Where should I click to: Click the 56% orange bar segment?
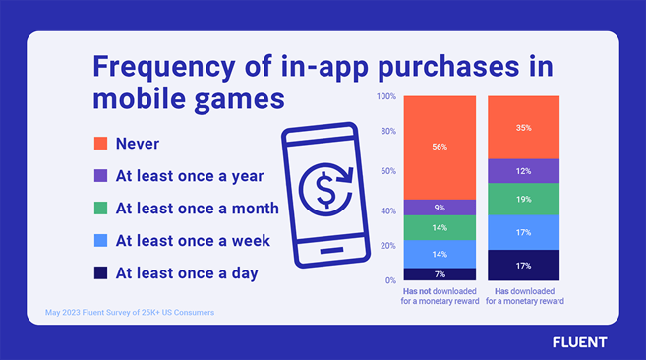pyautogui.click(x=440, y=148)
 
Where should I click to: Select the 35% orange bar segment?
pyautogui.click(x=524, y=128)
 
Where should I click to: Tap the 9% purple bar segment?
pyautogui.click(x=440, y=208)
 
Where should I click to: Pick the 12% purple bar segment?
pyautogui.click(x=524, y=171)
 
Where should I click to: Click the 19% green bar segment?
pyautogui.click(x=524, y=199)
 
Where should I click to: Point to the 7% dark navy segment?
pyautogui.click(x=440, y=274)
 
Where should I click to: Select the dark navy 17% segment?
pyautogui.click(x=524, y=266)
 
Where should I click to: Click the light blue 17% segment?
pyautogui.click(x=524, y=232)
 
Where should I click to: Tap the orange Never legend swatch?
pyautogui.click(x=100, y=143)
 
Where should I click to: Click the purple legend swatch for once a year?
pyautogui.click(x=100, y=176)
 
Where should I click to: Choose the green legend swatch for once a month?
pyautogui.click(x=100, y=208)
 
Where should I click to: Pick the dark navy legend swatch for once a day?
pyautogui.click(x=100, y=273)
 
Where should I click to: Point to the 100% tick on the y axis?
pyautogui.click(x=386, y=96)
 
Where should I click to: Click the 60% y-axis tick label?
pyautogui.click(x=388, y=171)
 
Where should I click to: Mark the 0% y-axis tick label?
pyautogui.click(x=390, y=280)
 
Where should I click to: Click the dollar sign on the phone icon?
pyautogui.click(x=325, y=190)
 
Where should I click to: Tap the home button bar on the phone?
pyautogui.click(x=331, y=250)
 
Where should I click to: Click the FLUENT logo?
pyautogui.click(x=580, y=342)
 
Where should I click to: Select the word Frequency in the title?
pyautogui.click(x=164, y=67)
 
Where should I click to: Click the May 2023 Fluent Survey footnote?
pyautogui.click(x=130, y=312)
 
